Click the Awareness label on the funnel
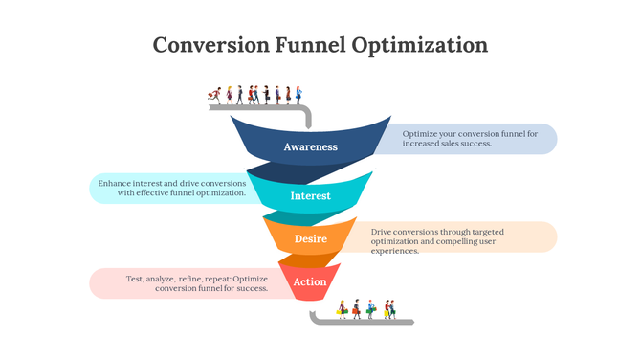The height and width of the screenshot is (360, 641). tap(311, 147)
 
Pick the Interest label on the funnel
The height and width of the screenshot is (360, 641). tap(311, 196)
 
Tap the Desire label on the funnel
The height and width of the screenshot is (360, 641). tap(311, 238)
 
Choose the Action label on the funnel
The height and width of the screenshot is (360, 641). tap(310, 281)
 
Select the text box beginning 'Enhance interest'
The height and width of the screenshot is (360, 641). tap(172, 188)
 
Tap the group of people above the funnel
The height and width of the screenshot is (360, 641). tap(256, 95)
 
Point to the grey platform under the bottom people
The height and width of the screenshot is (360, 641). tap(364, 322)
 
